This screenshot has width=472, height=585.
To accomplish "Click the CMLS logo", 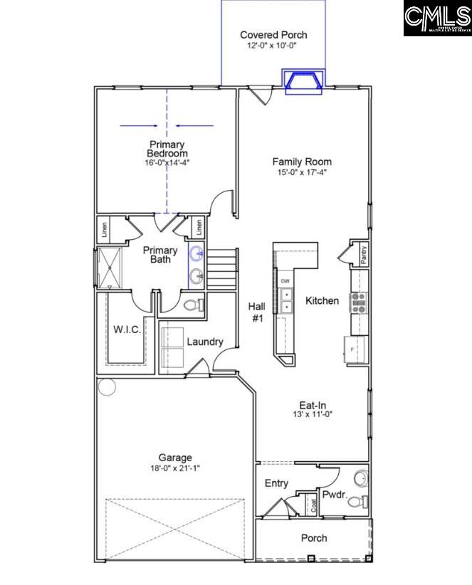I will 437,19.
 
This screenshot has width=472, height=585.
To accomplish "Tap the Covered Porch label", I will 273,35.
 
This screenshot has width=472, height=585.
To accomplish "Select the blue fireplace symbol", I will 303,82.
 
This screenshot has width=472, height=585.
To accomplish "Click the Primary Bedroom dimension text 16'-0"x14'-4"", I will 167,162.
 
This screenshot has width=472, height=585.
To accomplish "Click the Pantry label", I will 364,255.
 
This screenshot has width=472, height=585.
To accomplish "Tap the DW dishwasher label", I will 284,281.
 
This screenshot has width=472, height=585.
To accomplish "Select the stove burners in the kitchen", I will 358,302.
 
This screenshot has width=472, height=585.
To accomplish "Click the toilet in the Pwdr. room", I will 355,501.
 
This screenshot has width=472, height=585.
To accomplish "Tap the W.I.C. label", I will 127,330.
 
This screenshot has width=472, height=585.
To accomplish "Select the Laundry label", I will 205,342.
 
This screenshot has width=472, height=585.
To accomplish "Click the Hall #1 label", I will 257,312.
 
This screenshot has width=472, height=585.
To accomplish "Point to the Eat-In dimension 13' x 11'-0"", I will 312,413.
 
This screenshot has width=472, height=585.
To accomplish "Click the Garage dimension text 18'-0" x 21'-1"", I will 175,468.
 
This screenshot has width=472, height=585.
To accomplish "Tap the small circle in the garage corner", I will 107,387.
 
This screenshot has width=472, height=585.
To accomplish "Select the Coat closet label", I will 313,505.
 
